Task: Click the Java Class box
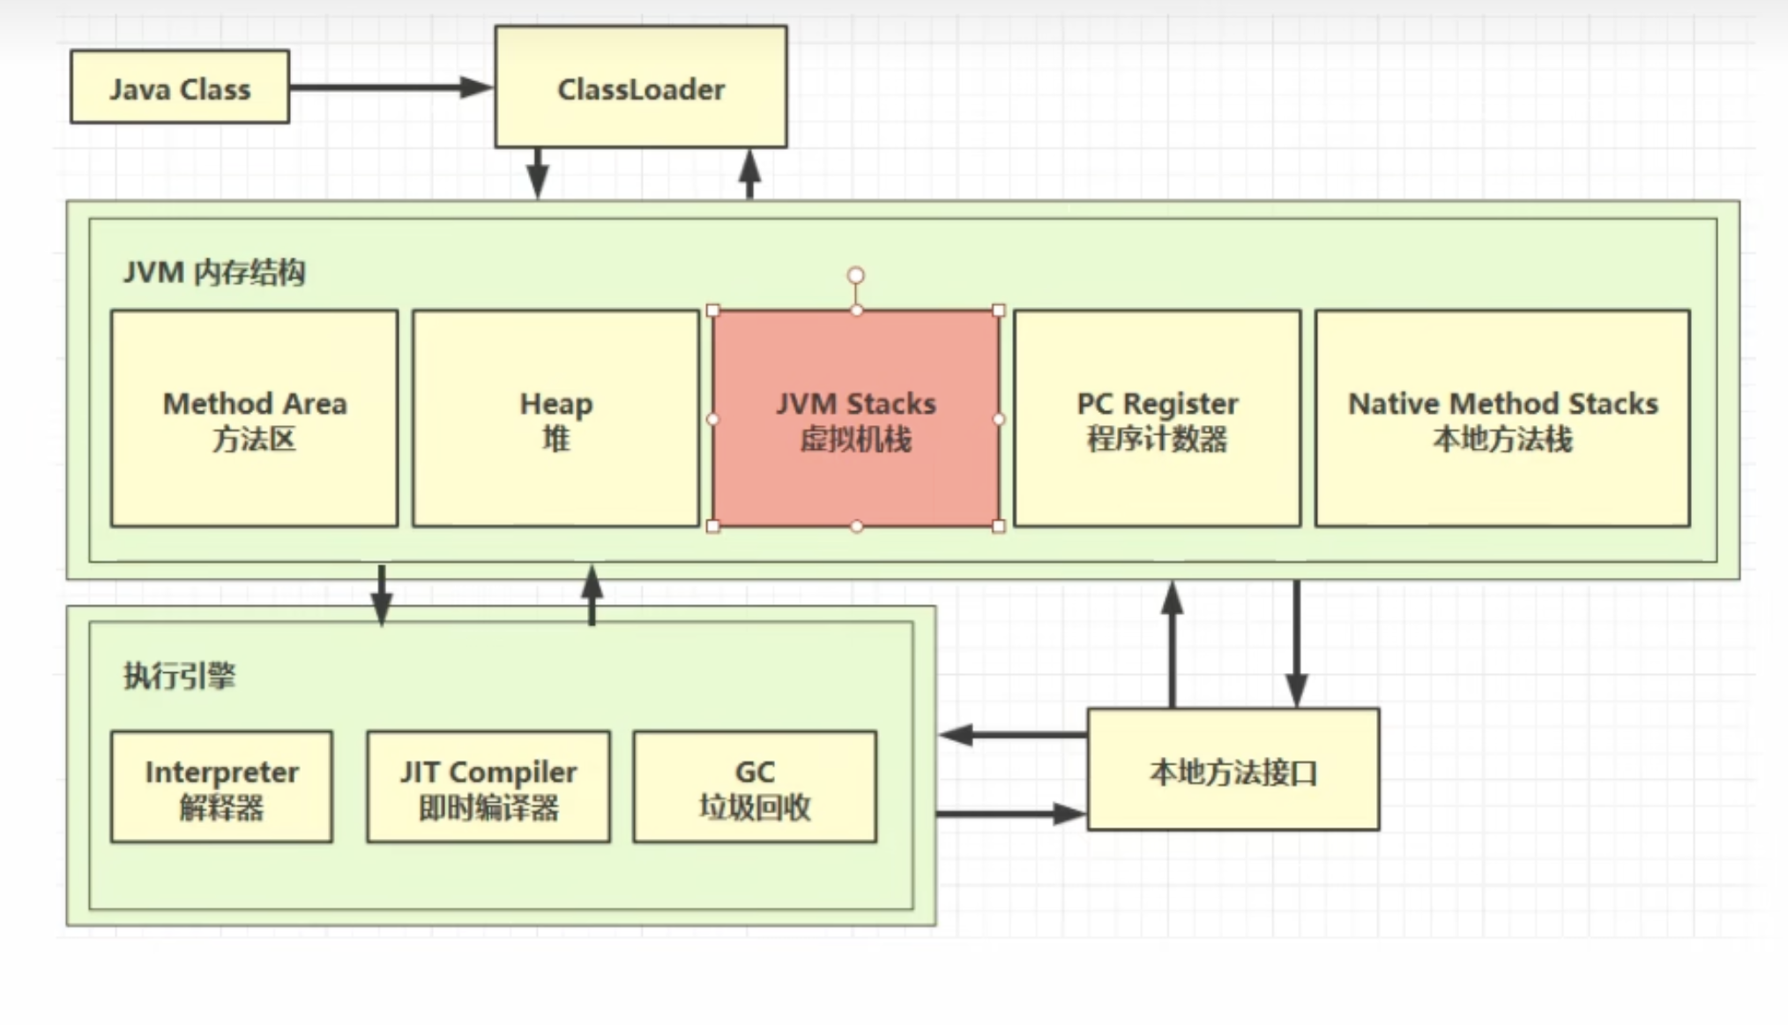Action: [180, 87]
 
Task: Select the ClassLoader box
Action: [641, 87]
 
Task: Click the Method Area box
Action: [255, 419]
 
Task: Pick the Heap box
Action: [555, 419]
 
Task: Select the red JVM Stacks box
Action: [855, 419]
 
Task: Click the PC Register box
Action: [1157, 419]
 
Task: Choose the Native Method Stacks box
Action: [1502, 419]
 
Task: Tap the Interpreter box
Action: [221, 787]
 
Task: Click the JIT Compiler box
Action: [488, 787]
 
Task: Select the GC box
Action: [755, 787]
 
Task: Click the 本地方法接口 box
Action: [1233, 770]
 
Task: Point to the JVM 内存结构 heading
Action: [214, 272]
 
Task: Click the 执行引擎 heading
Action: [180, 676]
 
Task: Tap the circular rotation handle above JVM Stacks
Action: [855, 276]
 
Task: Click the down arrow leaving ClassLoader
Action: [538, 173]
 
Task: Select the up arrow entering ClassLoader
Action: [749, 173]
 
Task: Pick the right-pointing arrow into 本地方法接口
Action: [1012, 813]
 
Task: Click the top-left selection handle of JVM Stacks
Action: [713, 310]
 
